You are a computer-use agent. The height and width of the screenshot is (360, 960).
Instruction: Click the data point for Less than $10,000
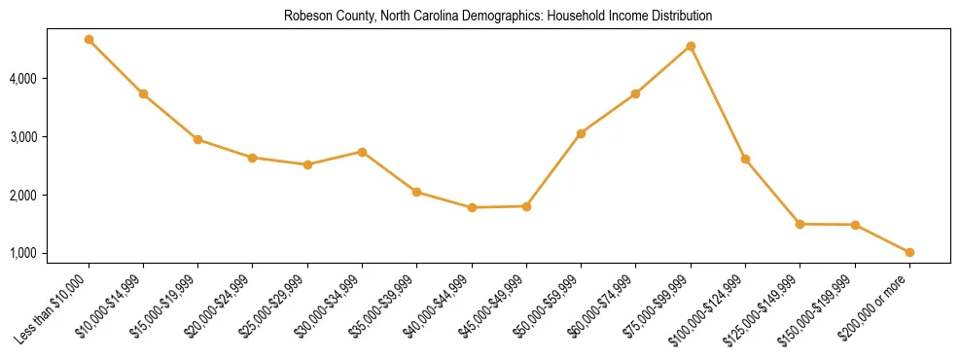pos(89,40)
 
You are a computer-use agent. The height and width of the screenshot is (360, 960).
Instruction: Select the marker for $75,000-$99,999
pos(691,46)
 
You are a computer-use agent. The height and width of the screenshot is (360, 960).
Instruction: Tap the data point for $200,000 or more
pos(909,252)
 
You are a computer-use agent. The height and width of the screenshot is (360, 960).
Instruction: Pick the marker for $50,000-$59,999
pos(581,133)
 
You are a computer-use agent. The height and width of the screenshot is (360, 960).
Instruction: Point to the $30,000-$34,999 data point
pos(362,152)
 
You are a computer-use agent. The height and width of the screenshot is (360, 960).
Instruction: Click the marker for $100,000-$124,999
pos(745,159)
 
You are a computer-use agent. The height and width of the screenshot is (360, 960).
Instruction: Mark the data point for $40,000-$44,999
pos(472,207)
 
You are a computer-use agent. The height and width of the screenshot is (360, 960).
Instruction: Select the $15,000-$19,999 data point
pos(197,139)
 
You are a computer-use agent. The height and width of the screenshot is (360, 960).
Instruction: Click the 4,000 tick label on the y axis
pos(50,79)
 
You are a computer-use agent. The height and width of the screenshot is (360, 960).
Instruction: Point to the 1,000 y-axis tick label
pos(50,254)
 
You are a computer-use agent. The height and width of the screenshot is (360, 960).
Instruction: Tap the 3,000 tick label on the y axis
pos(50,137)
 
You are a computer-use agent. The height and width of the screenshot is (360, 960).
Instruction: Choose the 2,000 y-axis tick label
pos(50,196)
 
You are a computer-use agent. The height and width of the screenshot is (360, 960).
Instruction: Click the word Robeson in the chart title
pos(305,17)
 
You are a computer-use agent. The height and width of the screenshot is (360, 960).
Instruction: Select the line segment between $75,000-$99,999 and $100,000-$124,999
pos(718,102)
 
